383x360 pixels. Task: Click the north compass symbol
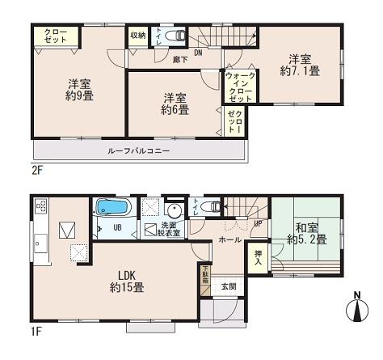(356, 308)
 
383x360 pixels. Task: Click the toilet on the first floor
(212, 207)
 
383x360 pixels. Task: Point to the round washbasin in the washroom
(171, 206)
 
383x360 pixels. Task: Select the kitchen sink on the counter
(40, 244)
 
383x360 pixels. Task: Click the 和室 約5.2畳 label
(305, 233)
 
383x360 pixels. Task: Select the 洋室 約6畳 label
(173, 104)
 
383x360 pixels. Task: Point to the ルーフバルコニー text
(138, 151)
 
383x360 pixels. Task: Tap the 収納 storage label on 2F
(138, 36)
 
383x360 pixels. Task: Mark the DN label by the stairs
(198, 53)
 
